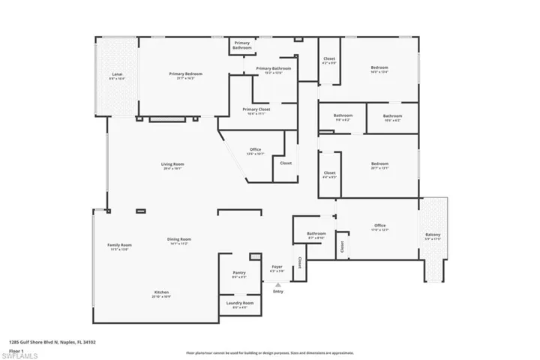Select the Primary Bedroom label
pos(185,75)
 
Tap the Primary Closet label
pos(256,110)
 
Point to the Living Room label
pos(172,166)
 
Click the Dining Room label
pos(178,241)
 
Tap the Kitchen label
pos(161,293)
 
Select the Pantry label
pos(239,274)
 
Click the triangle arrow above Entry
pos(277,285)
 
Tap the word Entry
pos(278,292)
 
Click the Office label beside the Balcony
pos(380,227)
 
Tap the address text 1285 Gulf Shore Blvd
pos(52,342)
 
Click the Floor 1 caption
pos(16,350)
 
